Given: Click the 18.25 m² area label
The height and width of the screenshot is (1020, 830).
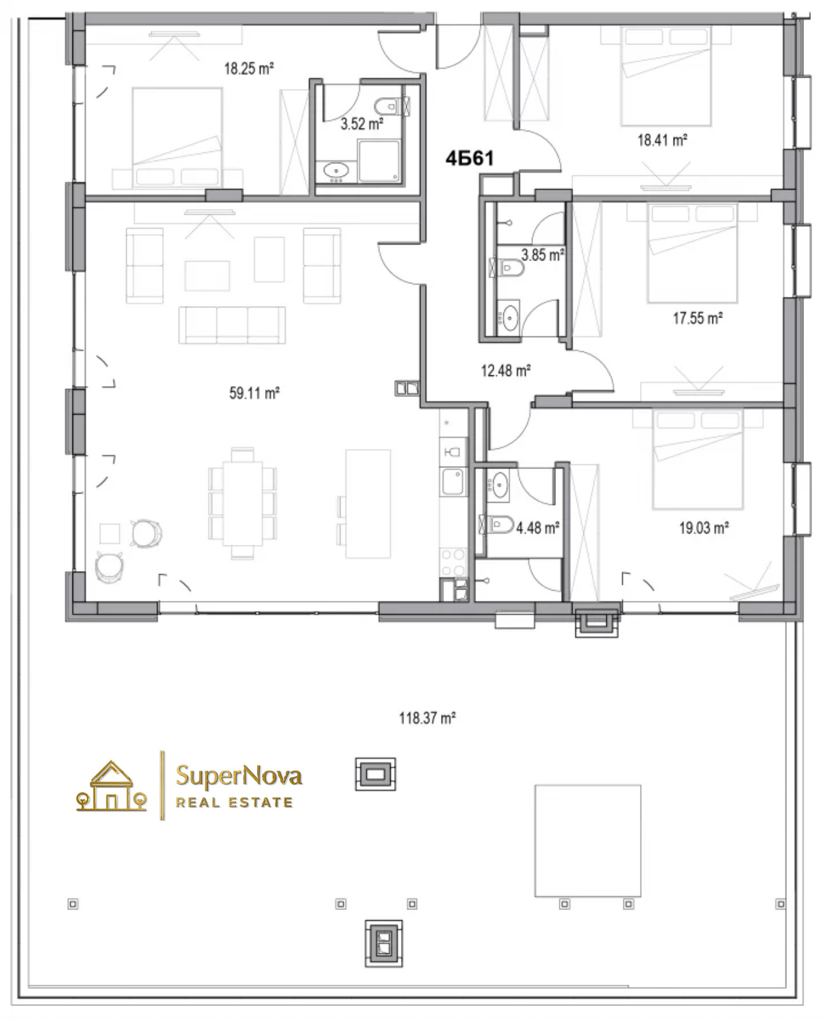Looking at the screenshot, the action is click(248, 69).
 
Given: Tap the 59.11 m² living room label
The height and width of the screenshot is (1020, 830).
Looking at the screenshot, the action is click(254, 393).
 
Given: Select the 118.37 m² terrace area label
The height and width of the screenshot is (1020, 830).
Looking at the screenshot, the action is click(427, 718).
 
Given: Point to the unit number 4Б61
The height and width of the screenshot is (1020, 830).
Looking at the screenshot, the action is click(470, 158).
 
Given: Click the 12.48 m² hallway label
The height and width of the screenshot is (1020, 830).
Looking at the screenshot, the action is click(506, 370).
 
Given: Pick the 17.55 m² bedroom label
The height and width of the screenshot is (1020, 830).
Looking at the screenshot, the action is click(698, 318).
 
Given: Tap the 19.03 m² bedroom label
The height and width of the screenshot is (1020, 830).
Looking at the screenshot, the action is click(704, 528).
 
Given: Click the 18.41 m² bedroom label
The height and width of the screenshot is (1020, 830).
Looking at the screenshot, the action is click(662, 140).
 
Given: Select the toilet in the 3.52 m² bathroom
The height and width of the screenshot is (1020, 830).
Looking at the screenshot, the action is click(391, 105).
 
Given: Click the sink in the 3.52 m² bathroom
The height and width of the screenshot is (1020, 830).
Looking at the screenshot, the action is click(336, 170).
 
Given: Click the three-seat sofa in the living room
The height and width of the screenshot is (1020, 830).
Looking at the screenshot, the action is click(232, 325).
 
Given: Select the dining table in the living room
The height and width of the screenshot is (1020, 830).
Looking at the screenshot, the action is click(243, 503).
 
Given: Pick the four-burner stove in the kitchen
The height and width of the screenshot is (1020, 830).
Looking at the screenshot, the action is click(453, 562).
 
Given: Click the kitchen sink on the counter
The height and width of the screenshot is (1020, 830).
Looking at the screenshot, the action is click(452, 481).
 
